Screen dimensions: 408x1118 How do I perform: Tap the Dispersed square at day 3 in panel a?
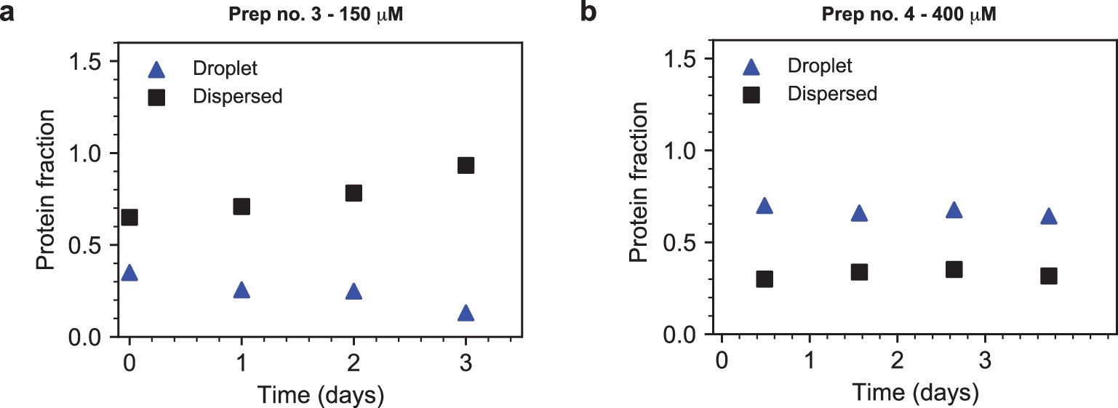click(466, 165)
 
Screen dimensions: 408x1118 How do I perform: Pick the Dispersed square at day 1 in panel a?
click(241, 207)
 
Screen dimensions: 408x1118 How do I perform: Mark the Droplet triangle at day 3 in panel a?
click(466, 313)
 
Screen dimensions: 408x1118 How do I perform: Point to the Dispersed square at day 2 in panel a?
click(354, 193)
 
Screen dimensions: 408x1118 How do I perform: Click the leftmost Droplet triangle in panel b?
click(764, 207)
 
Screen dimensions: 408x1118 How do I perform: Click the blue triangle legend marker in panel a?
click(157, 71)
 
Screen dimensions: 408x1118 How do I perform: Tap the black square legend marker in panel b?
click(751, 94)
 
